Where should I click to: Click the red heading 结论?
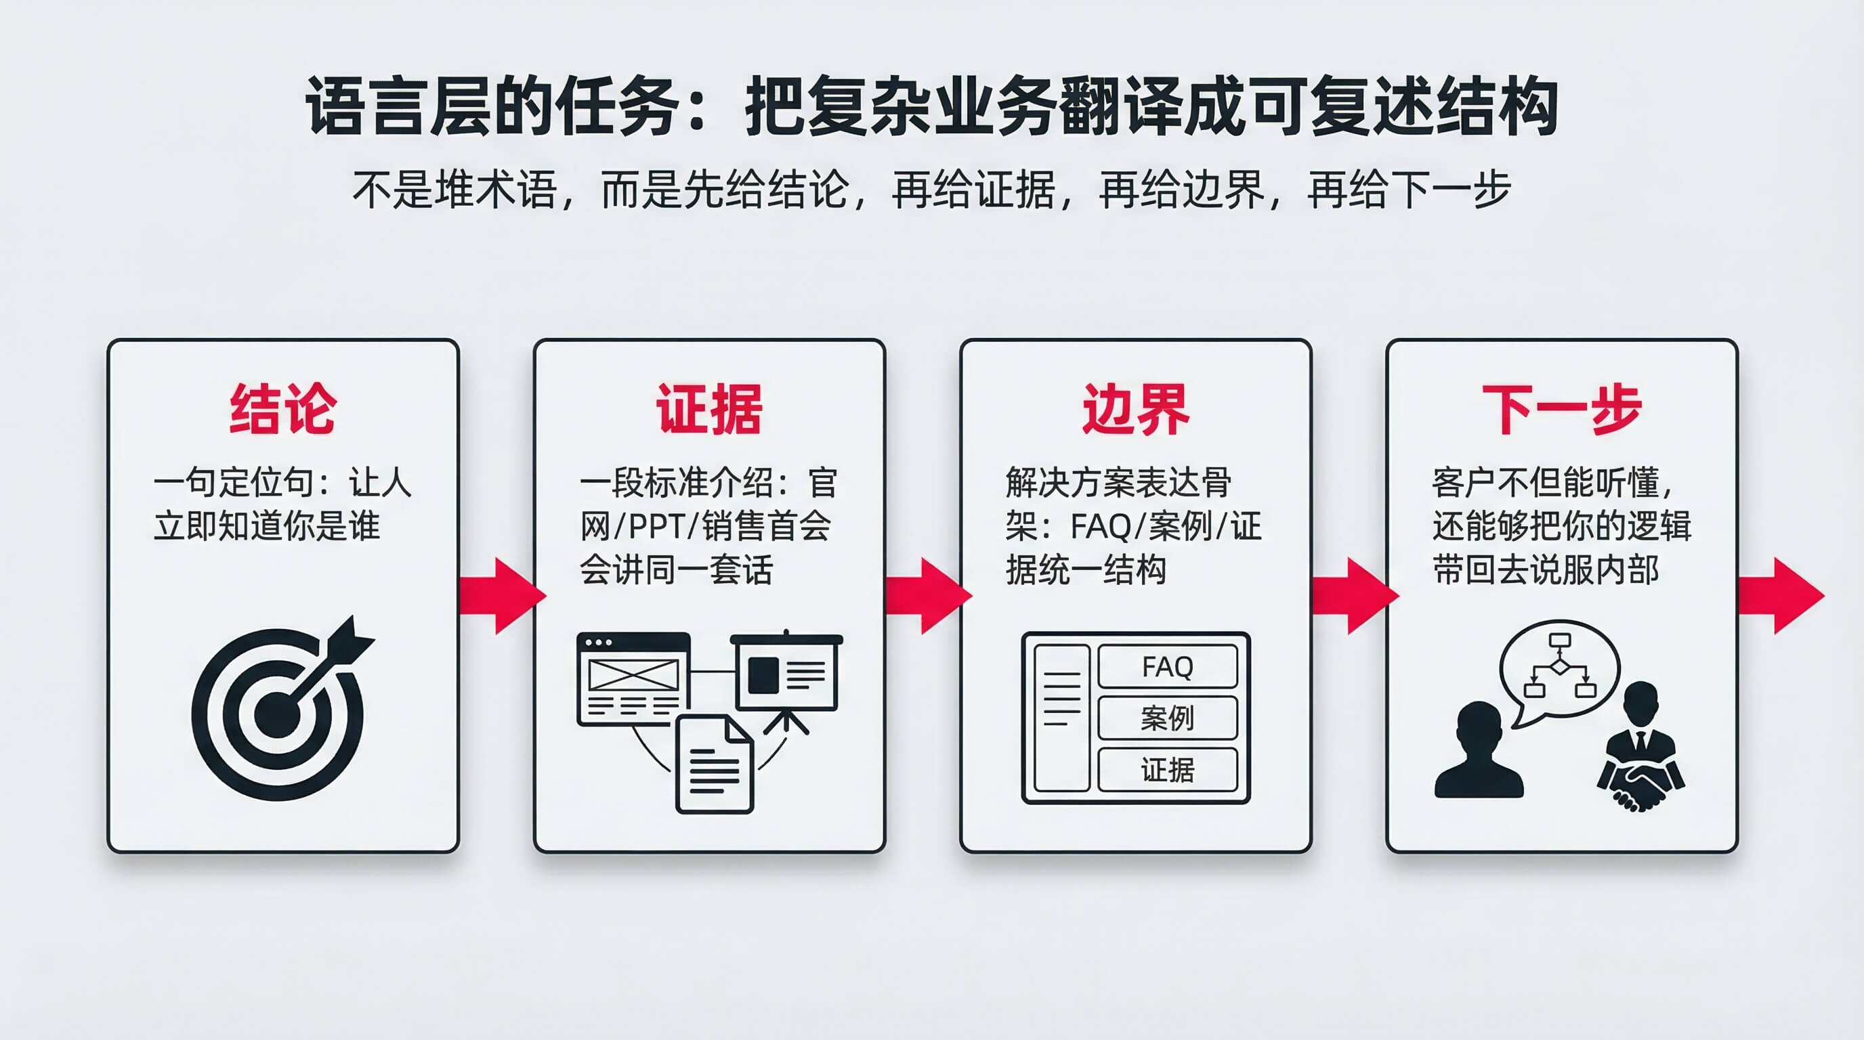point(282,410)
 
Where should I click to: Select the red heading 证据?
point(709,410)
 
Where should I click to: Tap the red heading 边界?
point(1135,410)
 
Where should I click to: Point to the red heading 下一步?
point(1561,410)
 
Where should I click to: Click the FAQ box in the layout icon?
point(1167,666)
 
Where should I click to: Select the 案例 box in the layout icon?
point(1167,718)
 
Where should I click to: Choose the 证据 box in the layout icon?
point(1167,770)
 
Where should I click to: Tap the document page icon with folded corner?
point(714,765)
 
